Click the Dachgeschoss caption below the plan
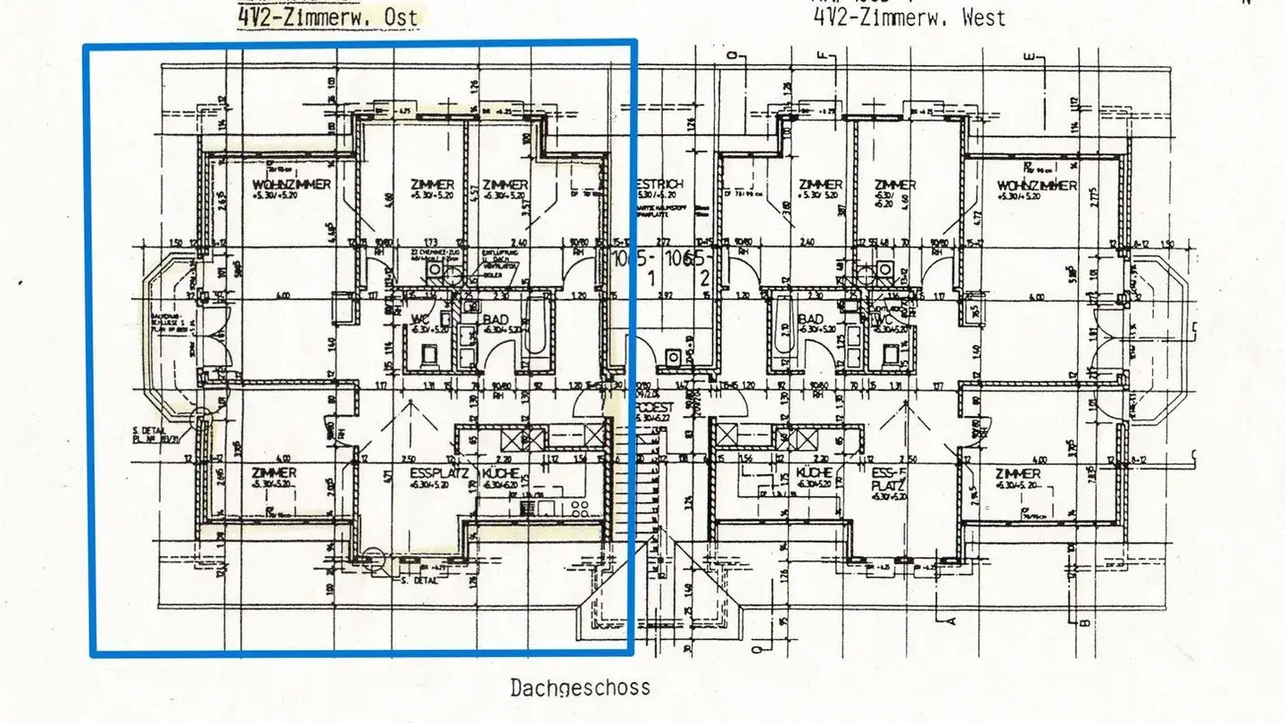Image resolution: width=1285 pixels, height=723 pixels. pyautogui.click(x=580, y=688)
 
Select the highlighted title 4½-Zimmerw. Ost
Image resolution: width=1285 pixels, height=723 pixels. pyautogui.click(x=327, y=15)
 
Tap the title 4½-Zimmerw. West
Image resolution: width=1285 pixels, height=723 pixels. pyautogui.click(x=908, y=16)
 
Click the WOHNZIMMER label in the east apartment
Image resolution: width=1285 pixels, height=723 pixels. pyautogui.click(x=292, y=184)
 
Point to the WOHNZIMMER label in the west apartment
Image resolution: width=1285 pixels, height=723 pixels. pyautogui.click(x=1037, y=186)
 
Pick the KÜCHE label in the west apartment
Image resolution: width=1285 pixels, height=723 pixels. pyautogui.click(x=816, y=473)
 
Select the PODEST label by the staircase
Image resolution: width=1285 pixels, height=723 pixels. pyautogui.click(x=656, y=406)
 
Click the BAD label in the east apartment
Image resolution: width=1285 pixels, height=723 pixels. pyautogui.click(x=496, y=319)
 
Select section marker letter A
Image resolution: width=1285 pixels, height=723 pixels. pyautogui.click(x=951, y=619)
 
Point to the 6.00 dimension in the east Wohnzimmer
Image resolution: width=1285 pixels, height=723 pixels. pyautogui.click(x=284, y=295)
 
